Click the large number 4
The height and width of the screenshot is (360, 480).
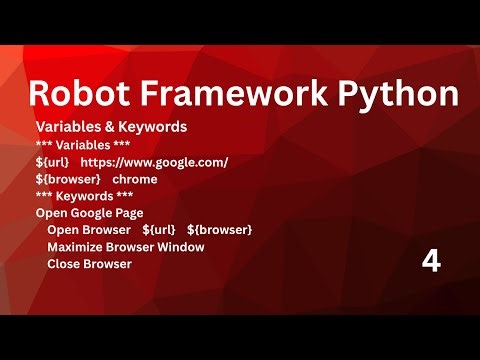[431, 262]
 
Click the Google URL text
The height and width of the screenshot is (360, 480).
[154, 162]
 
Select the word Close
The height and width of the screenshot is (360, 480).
[64, 264]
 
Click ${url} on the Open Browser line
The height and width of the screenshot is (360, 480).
[159, 230]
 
